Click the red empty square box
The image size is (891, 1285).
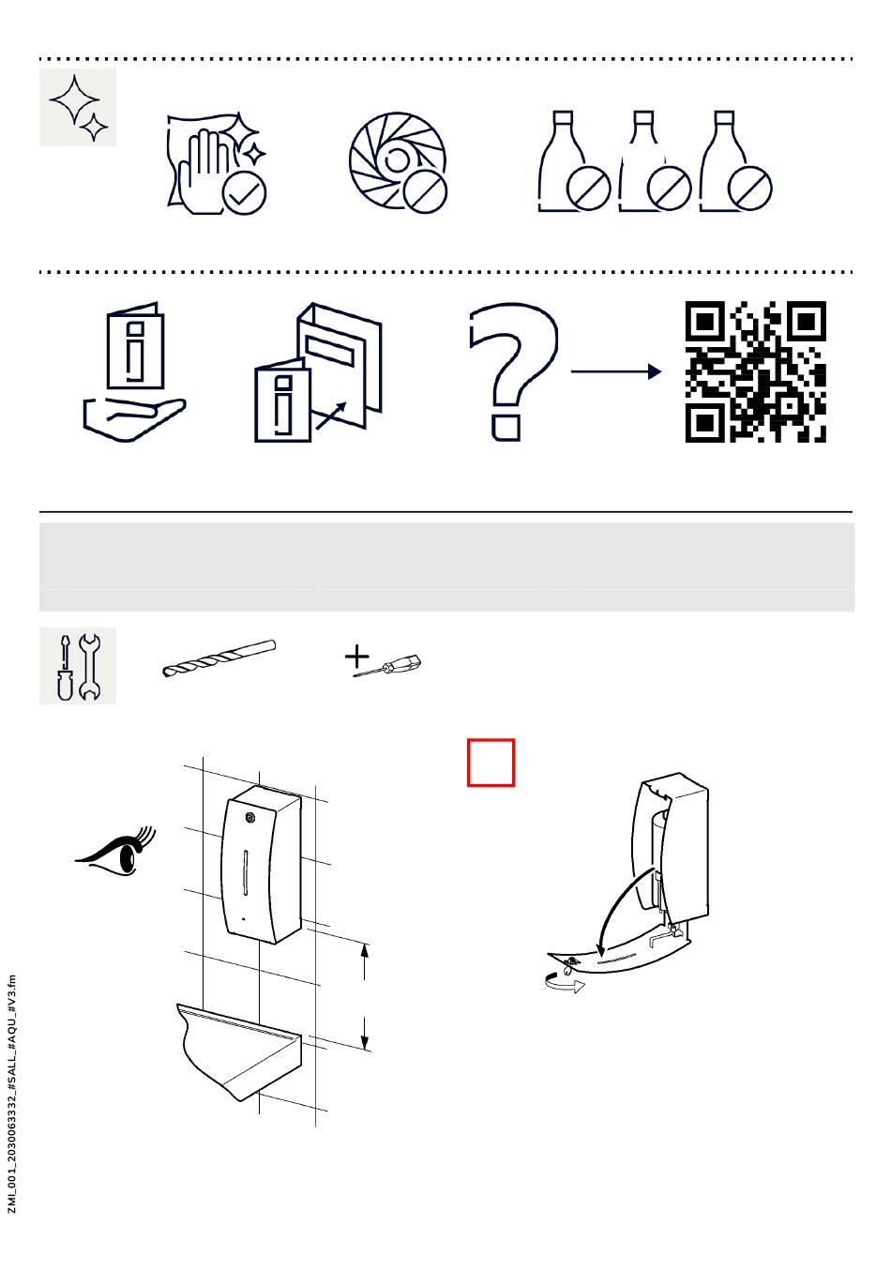tap(491, 763)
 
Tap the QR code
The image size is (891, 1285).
tap(756, 371)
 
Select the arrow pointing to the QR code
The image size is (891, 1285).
tap(615, 371)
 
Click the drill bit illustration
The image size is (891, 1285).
tap(219, 658)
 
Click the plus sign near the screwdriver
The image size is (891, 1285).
tap(356, 657)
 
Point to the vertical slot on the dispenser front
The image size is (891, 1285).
tap(246, 872)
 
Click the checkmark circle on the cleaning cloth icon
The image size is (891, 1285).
tap(244, 194)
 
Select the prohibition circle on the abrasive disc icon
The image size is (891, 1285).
tap(425, 191)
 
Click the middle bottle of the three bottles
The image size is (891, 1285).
tap(655, 161)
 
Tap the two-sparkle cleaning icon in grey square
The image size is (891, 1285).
tap(78, 107)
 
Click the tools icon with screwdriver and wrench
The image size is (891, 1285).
tap(78, 665)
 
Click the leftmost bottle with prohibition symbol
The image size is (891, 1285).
tap(574, 161)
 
